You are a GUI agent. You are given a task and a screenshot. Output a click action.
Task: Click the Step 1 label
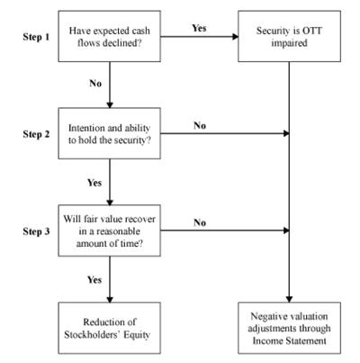(36, 37)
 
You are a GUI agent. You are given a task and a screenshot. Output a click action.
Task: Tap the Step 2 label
(36, 134)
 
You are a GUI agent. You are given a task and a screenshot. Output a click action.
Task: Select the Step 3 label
(36, 231)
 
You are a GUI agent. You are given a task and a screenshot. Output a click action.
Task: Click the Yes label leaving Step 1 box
(199, 28)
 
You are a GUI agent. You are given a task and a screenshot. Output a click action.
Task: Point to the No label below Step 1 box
(95, 83)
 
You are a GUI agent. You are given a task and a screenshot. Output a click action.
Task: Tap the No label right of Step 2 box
(200, 125)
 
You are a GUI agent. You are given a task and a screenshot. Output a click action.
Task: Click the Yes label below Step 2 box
(94, 183)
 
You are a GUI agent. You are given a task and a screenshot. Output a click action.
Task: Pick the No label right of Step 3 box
(200, 222)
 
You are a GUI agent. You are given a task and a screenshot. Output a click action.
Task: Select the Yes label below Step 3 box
(94, 280)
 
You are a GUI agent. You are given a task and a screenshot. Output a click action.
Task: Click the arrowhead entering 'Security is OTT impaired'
(236, 37)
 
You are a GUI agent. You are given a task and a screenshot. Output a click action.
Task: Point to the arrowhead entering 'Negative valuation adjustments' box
(289, 299)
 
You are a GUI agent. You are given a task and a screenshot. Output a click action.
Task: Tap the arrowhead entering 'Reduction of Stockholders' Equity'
(110, 299)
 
